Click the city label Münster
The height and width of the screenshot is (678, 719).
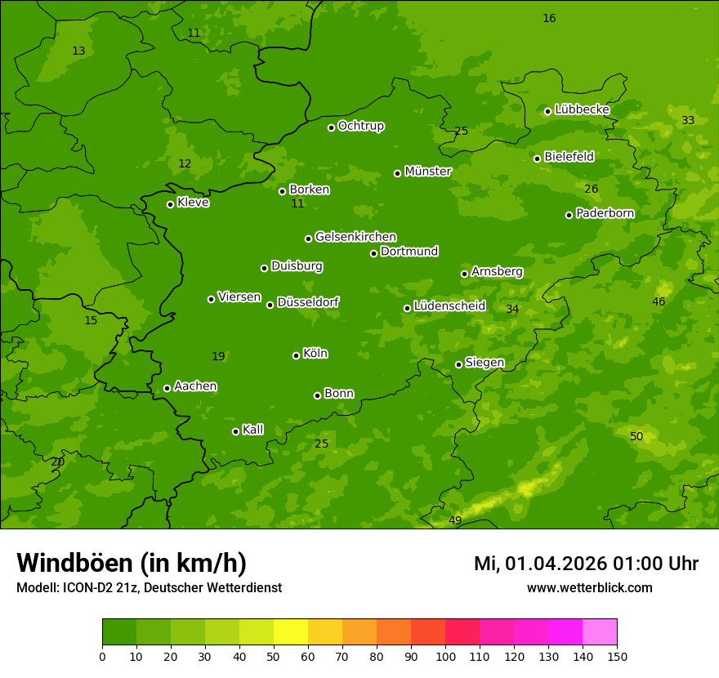click(x=428, y=172)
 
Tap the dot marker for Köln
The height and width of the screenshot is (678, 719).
click(x=296, y=355)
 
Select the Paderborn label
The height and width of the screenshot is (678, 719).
click(x=605, y=213)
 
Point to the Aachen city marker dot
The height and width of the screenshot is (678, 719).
click(x=167, y=388)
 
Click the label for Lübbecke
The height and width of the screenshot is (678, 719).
click(x=582, y=109)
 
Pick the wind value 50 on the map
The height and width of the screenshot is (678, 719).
click(x=636, y=436)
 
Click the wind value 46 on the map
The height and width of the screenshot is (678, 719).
click(x=659, y=301)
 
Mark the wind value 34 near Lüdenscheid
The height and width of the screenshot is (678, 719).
click(x=512, y=309)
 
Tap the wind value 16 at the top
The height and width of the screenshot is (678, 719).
click(x=549, y=18)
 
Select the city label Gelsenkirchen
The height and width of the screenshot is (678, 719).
click(x=355, y=237)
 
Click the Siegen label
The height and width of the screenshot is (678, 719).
click(x=485, y=363)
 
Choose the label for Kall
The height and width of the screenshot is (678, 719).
click(x=253, y=430)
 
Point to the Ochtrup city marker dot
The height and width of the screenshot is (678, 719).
click(x=331, y=127)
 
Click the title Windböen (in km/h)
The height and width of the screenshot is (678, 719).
click(x=132, y=563)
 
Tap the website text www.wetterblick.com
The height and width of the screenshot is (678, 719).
click(x=590, y=587)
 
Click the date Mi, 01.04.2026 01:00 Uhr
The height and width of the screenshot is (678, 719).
click(x=586, y=564)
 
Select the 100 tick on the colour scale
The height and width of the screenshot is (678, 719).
click(x=445, y=656)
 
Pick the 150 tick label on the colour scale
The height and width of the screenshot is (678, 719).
click(x=617, y=656)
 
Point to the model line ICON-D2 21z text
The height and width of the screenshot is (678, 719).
click(x=149, y=587)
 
